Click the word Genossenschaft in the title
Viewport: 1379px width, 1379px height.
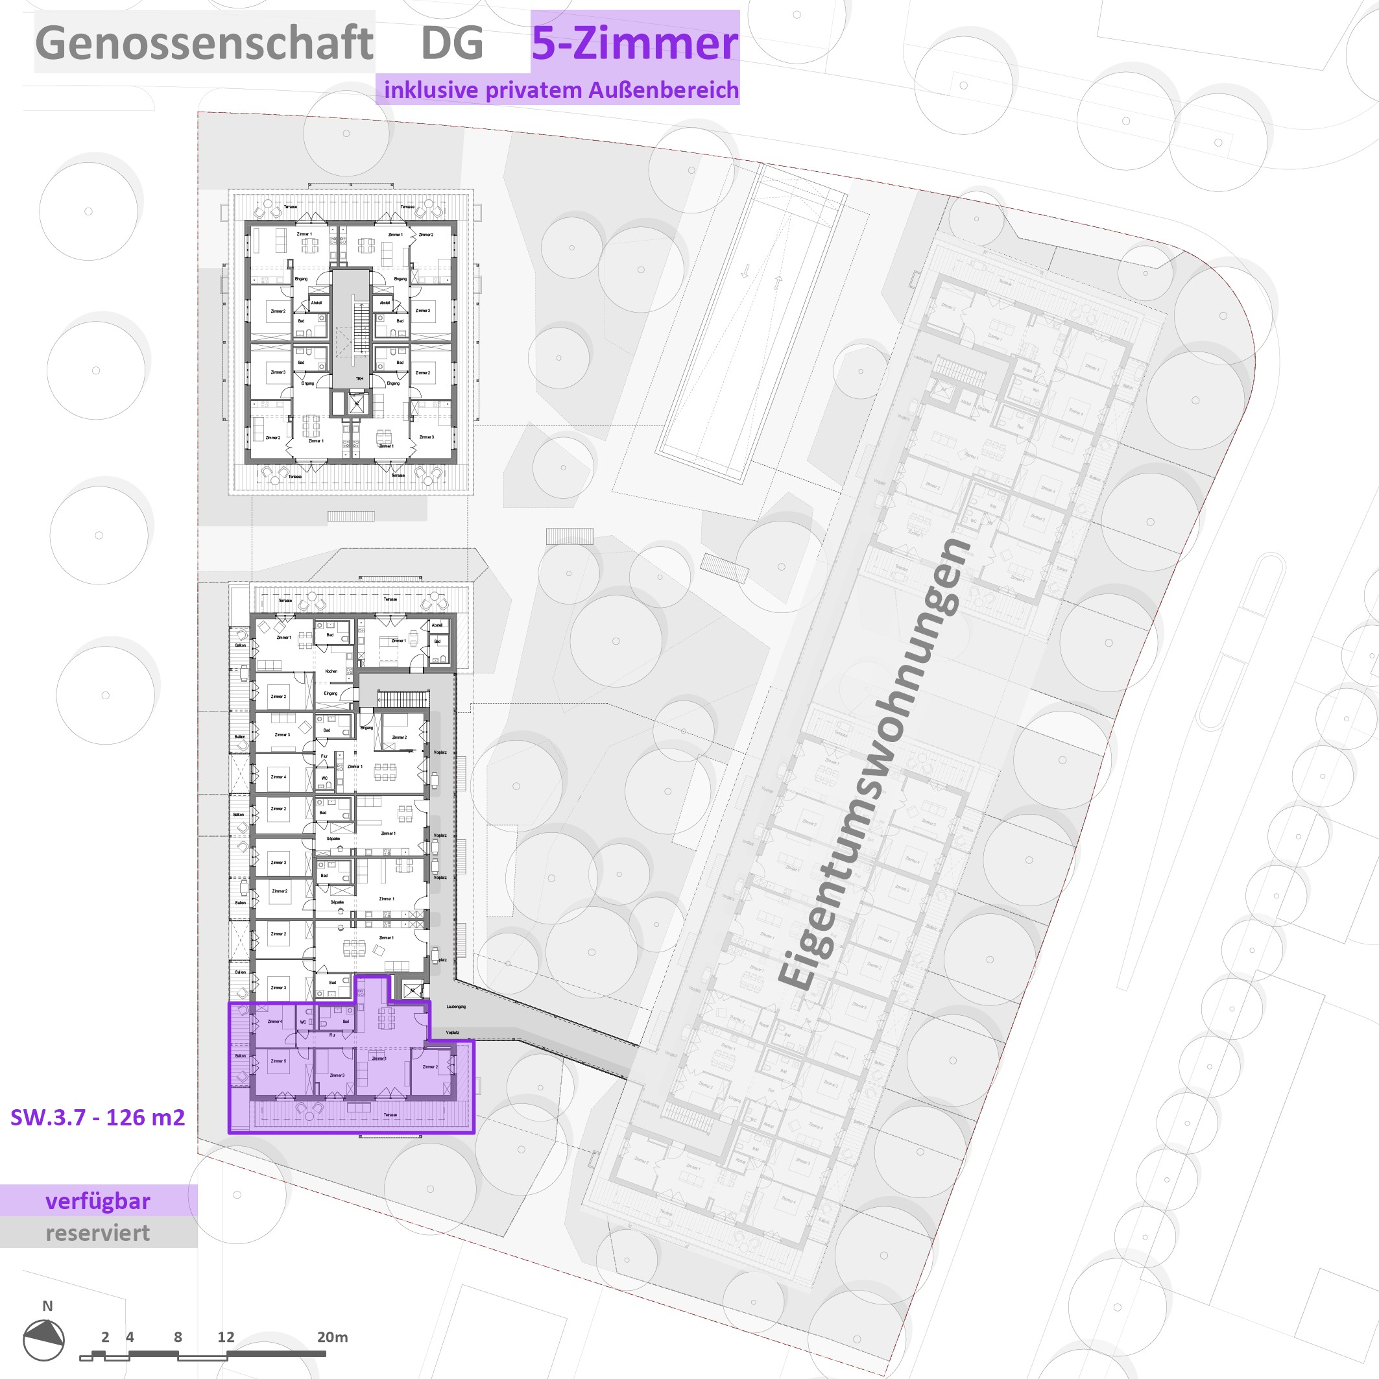click(x=204, y=43)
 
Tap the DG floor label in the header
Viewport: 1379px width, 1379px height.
click(x=452, y=43)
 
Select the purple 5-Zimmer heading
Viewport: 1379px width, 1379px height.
click(x=634, y=43)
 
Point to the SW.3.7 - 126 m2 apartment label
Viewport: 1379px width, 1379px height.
click(x=98, y=1117)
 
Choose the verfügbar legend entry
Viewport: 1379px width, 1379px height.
click(x=98, y=1201)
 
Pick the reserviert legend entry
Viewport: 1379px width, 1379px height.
click(x=98, y=1232)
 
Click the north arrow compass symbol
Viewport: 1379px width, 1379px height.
click(x=43, y=1339)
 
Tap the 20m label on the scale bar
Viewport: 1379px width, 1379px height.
click(x=333, y=1337)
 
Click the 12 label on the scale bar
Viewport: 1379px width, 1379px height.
click(x=226, y=1337)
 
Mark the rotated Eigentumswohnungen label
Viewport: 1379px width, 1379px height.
click(x=874, y=763)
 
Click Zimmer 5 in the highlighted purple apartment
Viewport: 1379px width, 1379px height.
click(x=278, y=1061)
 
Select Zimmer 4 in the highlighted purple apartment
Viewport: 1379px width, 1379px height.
click(x=275, y=1022)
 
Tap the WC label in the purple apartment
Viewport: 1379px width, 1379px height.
click(x=303, y=1022)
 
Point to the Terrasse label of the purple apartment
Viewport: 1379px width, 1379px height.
click(x=390, y=1115)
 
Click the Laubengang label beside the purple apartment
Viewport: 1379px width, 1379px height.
click(x=456, y=1007)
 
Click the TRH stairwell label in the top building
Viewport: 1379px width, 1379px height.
click(x=360, y=378)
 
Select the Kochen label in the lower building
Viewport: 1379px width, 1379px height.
click(x=331, y=671)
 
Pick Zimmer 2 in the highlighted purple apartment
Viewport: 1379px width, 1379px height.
click(x=429, y=1067)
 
